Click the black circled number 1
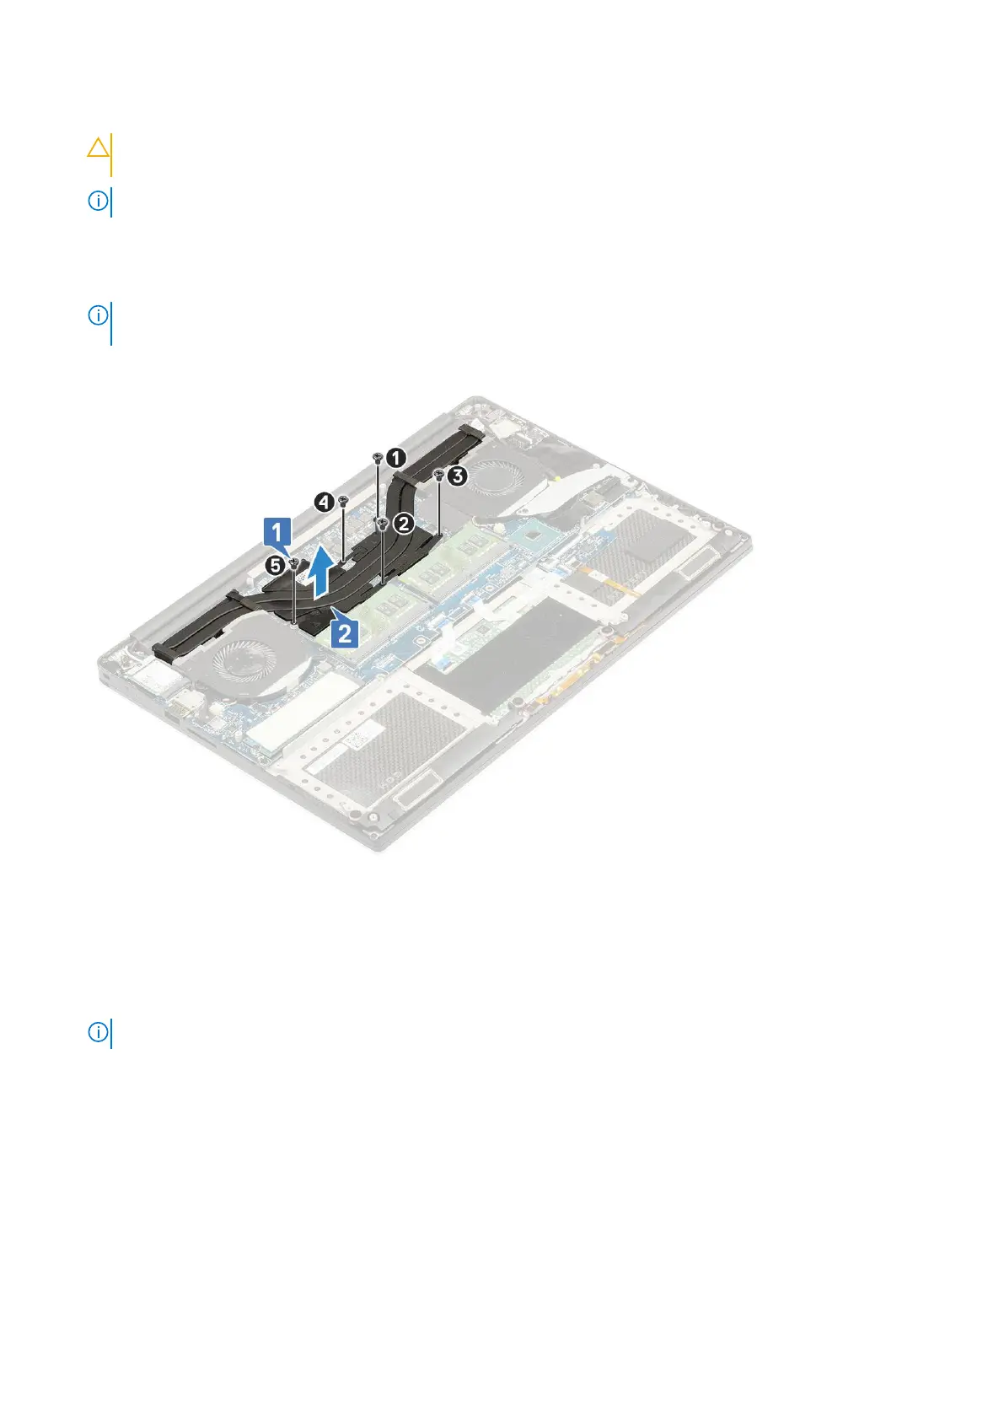[396, 458]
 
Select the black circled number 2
[403, 524]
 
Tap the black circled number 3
[456, 476]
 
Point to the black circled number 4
[323, 503]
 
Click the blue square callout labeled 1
[278, 533]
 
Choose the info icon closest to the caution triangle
[99, 202]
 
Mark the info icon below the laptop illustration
[99, 1032]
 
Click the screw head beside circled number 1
[378, 456]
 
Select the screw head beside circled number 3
[439, 476]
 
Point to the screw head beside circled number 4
[343, 501]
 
